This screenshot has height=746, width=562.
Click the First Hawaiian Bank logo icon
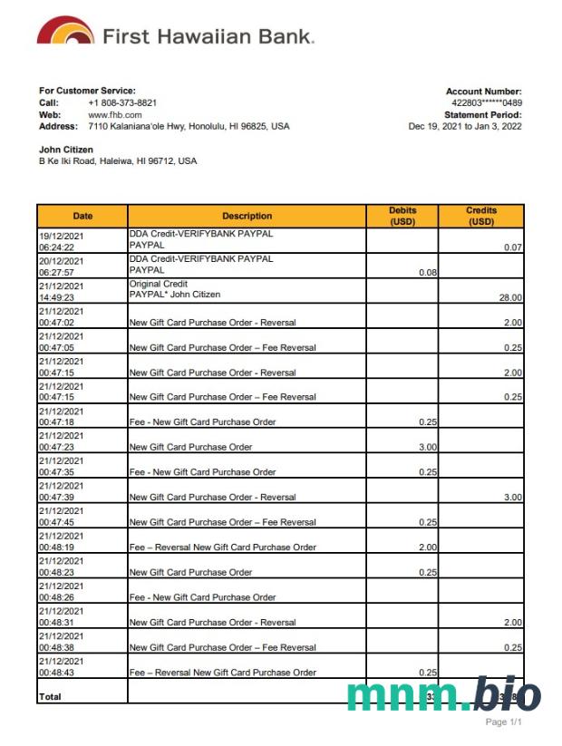pyautogui.click(x=65, y=32)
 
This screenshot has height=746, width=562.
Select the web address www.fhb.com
pyautogui.click(x=114, y=114)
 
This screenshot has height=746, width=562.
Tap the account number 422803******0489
pyautogui.click(x=487, y=103)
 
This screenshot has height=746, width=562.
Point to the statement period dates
pyautogui.click(x=465, y=127)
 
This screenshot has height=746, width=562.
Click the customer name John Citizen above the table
pyautogui.click(x=66, y=150)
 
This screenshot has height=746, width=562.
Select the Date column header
pyautogui.click(x=82, y=216)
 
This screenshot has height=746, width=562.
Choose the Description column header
pyautogui.click(x=247, y=216)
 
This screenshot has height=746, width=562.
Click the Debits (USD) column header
pyautogui.click(x=402, y=216)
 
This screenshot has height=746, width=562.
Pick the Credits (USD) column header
pyautogui.click(x=481, y=216)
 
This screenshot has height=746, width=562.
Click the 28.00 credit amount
pyautogui.click(x=510, y=297)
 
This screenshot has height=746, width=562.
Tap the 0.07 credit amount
pyautogui.click(x=513, y=247)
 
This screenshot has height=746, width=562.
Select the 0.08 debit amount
pyautogui.click(x=429, y=272)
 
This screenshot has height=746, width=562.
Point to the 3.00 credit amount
pyautogui.click(x=513, y=498)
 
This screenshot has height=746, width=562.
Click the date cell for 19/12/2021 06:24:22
pyautogui.click(x=60, y=240)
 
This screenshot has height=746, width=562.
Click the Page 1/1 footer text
pyautogui.click(x=503, y=722)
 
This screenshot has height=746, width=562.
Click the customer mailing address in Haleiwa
pyautogui.click(x=117, y=161)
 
